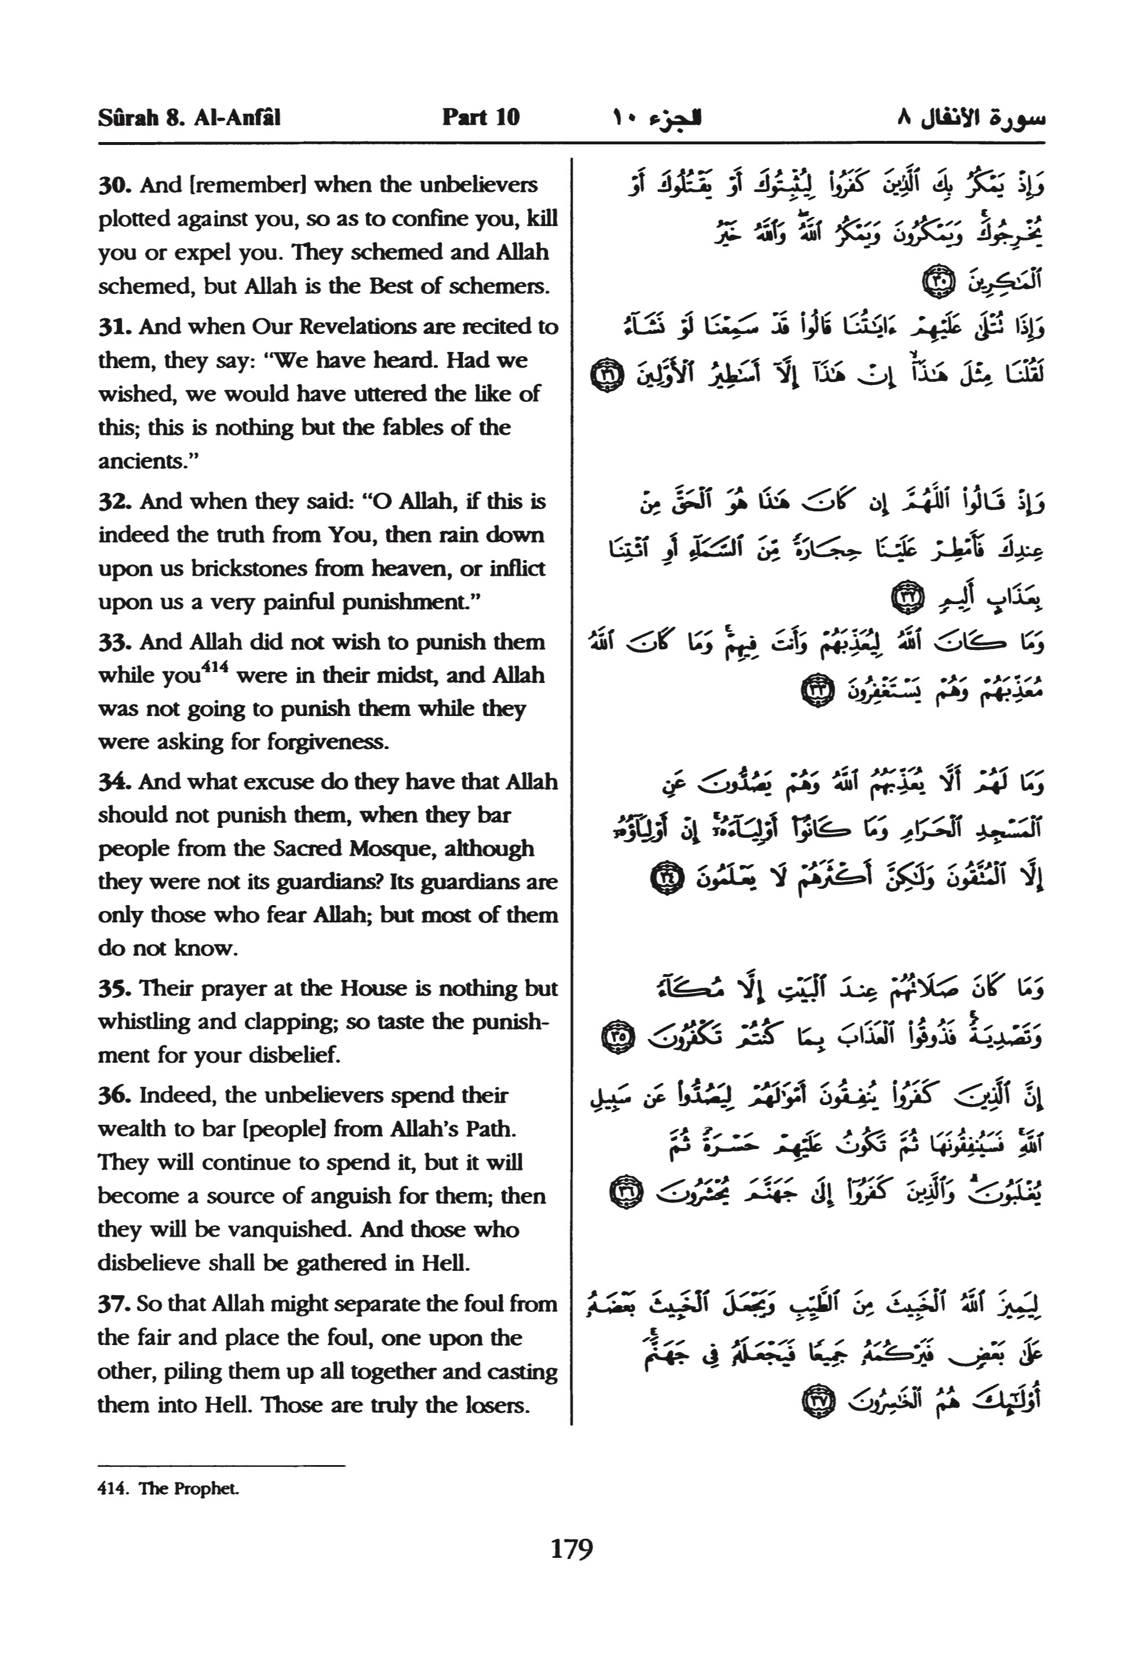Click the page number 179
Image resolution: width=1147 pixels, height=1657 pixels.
pos(572,1548)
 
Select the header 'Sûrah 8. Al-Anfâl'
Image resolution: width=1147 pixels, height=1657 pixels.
pos(189,117)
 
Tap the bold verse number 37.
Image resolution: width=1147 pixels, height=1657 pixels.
pos(114,1303)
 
